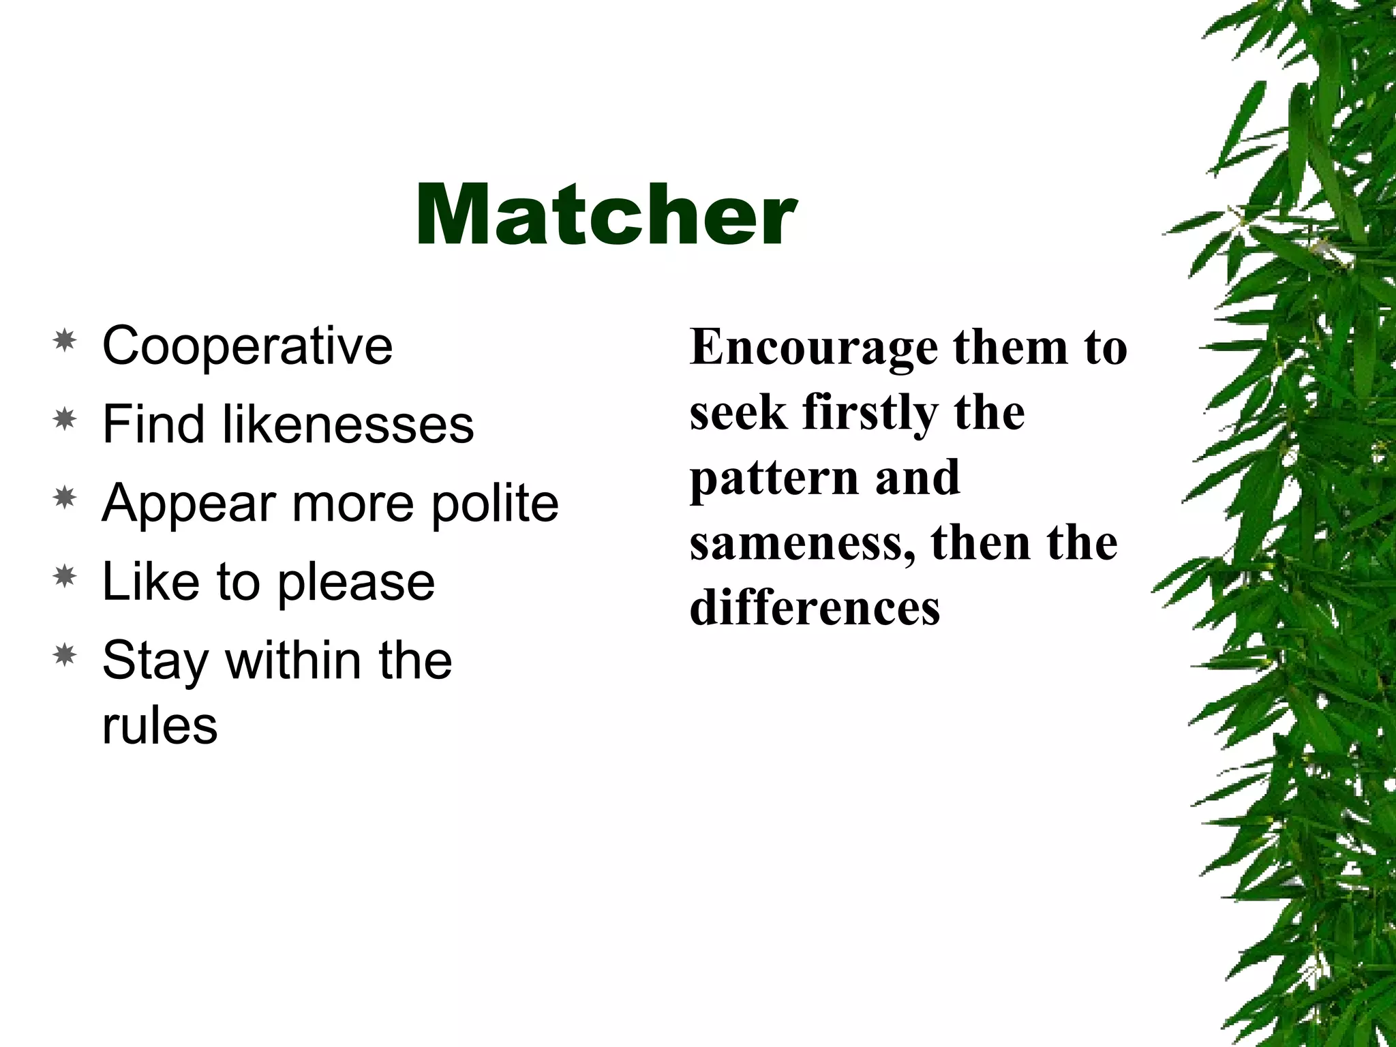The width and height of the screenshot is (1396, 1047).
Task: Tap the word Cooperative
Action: point(247,346)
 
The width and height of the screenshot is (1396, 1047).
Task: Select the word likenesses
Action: point(348,424)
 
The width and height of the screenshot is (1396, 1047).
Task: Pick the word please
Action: point(356,583)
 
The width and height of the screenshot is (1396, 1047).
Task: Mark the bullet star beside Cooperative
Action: point(65,340)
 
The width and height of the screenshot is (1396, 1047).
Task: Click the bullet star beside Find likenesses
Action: point(65,419)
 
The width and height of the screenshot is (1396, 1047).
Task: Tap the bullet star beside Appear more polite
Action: point(65,498)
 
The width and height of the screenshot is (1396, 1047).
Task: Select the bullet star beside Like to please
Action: point(65,577)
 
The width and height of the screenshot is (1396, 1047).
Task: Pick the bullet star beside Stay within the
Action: point(65,656)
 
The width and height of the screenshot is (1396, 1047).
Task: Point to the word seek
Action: point(738,413)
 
